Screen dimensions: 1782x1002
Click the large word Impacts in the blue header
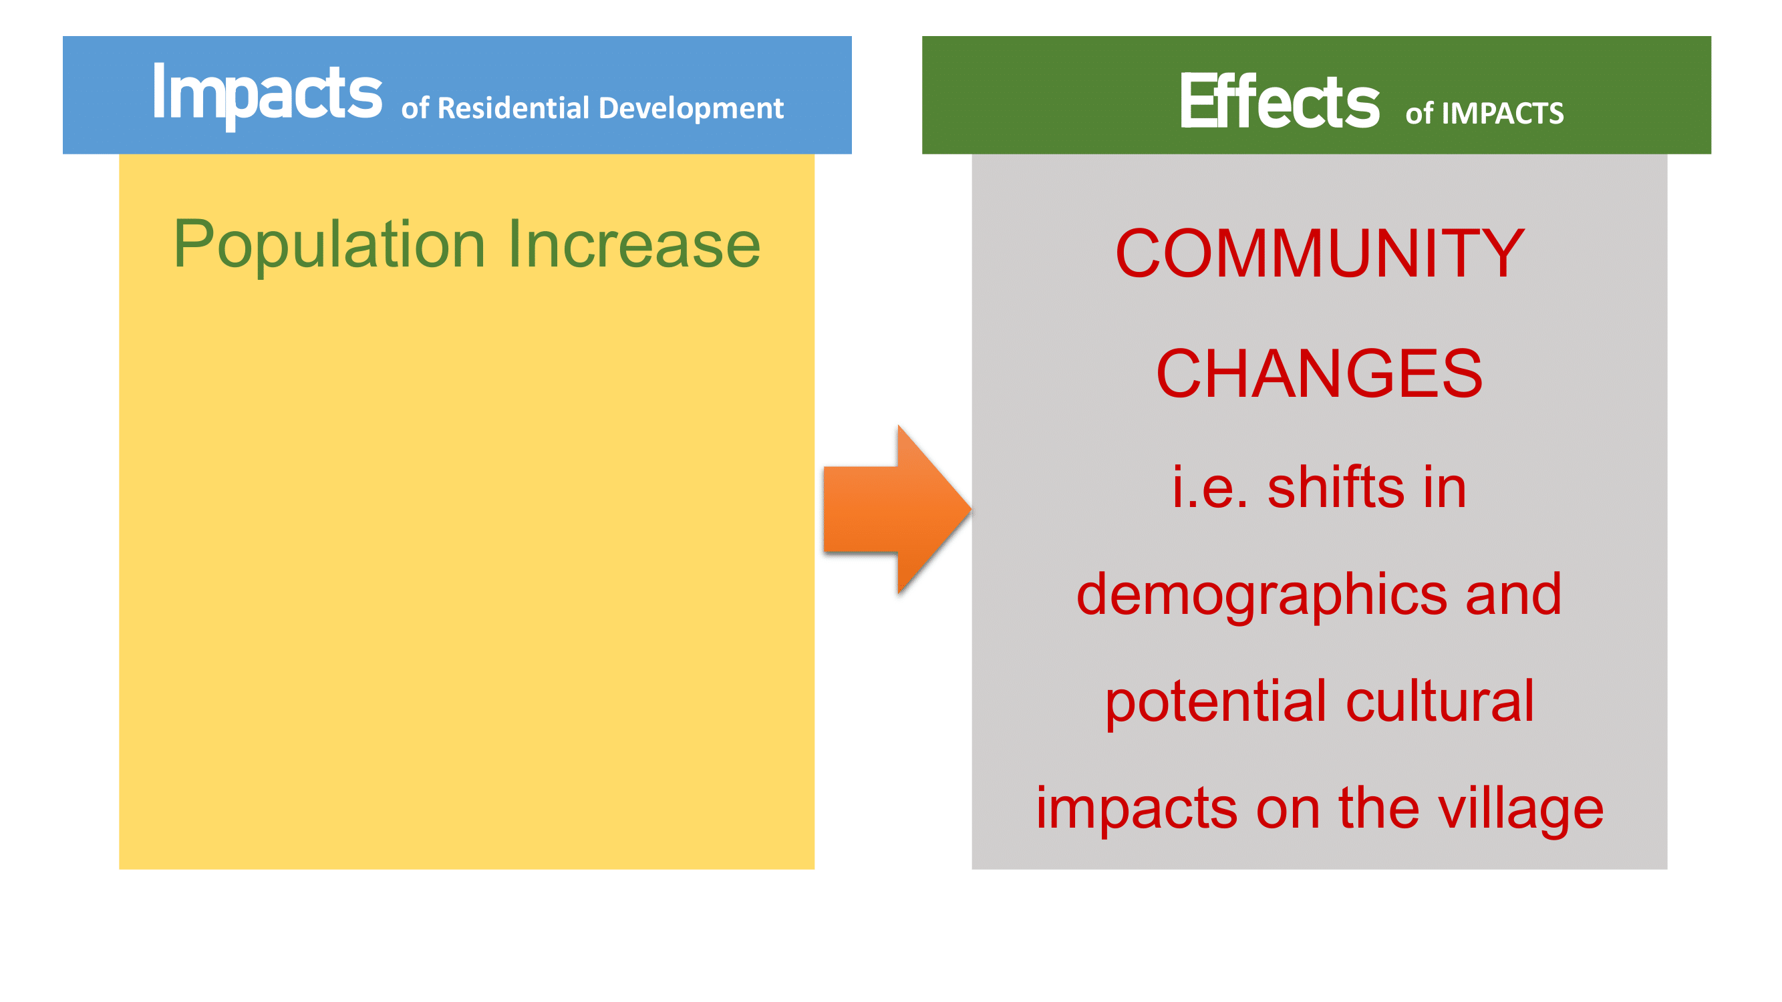(267, 96)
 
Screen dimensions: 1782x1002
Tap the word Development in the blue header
(691, 110)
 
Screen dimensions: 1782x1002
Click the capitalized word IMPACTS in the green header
(1503, 114)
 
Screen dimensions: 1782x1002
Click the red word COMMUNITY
(1320, 253)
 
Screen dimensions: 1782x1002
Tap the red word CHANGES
(1319, 373)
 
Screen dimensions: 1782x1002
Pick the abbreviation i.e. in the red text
(1210, 488)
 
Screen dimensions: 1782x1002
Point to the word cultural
(1441, 701)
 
